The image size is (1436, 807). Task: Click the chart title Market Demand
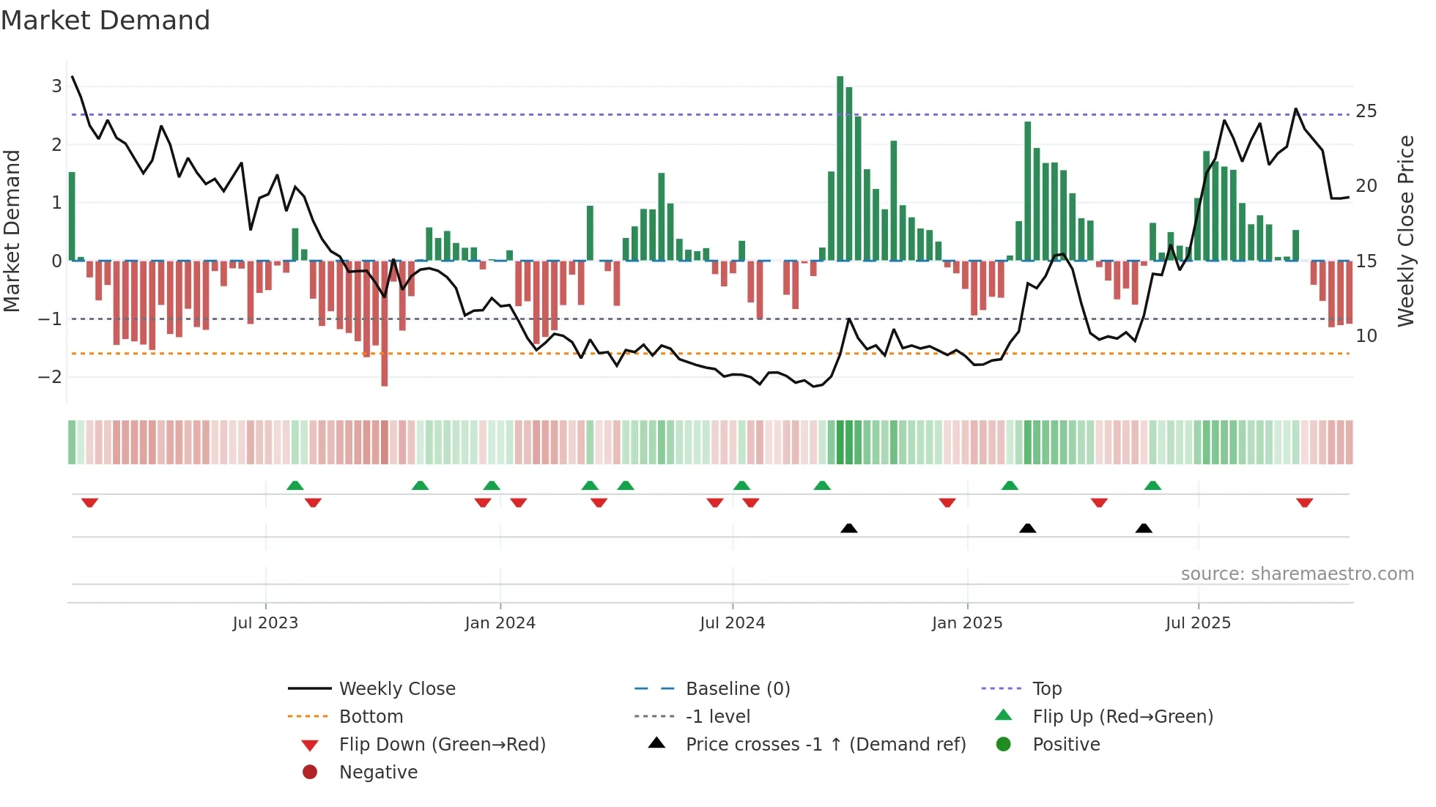[106, 21]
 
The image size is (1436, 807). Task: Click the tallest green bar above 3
[840, 168]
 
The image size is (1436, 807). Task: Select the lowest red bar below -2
[384, 324]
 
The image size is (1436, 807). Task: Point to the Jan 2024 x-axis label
[500, 623]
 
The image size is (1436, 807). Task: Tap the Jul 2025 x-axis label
[1198, 623]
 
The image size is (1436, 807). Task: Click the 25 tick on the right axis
[1366, 111]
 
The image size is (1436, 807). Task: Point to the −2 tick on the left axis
[50, 377]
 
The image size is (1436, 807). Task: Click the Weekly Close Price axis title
[1405, 231]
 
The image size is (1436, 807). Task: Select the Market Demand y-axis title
[12, 231]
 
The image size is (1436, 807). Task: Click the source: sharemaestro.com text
[1297, 574]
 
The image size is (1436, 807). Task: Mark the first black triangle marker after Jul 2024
[848, 528]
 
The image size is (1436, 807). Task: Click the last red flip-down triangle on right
[1304, 502]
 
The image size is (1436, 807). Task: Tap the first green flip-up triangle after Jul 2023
[295, 486]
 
